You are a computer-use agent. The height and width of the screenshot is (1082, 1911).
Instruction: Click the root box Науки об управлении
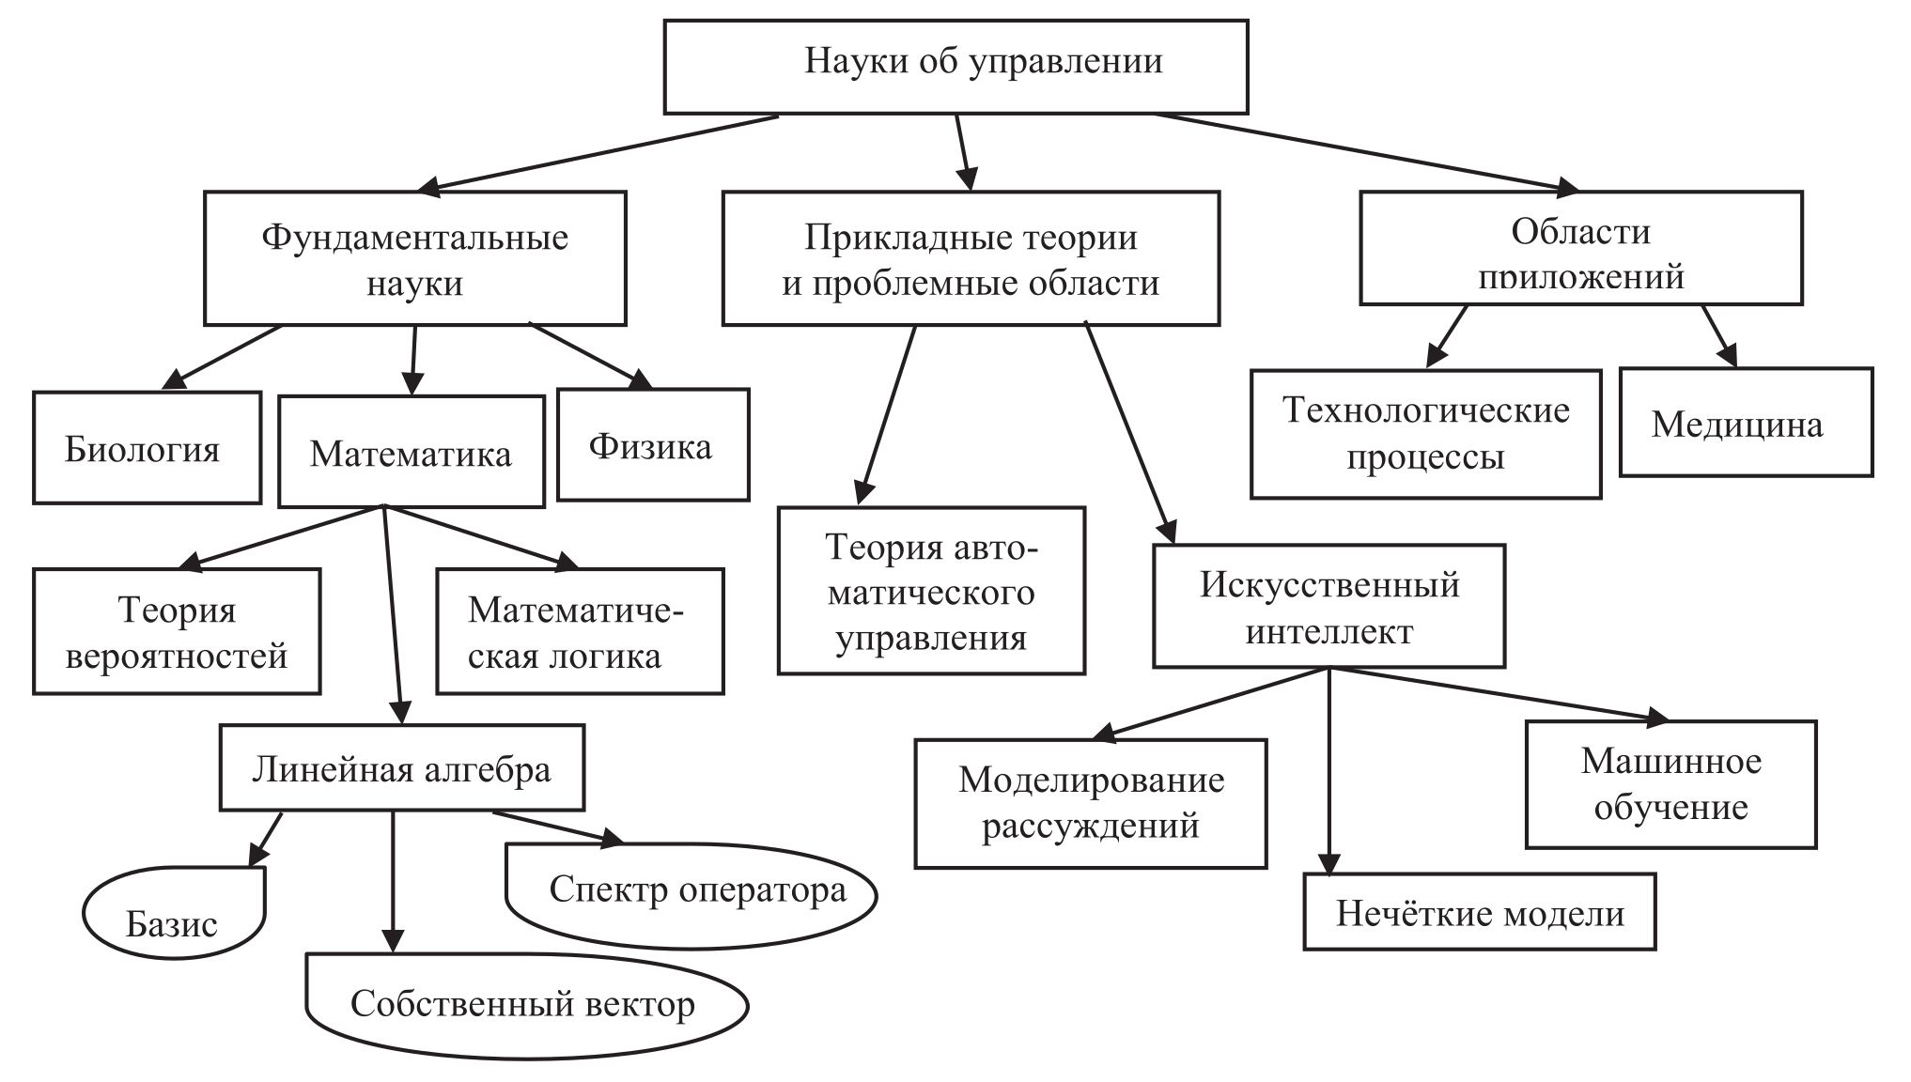point(955,66)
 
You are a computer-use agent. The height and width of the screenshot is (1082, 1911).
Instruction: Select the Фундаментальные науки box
point(414,258)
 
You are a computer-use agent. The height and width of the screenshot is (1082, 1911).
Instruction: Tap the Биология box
point(147,448)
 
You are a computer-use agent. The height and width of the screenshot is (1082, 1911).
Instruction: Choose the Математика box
point(411,452)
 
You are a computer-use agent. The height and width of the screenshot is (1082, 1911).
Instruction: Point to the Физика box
point(653,444)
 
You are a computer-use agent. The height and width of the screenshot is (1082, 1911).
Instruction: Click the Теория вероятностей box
point(177,631)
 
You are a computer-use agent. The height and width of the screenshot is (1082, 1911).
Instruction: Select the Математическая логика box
point(580,631)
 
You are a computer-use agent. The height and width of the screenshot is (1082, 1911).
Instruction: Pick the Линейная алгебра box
point(401,767)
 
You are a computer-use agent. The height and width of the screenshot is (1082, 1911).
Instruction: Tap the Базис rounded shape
point(174,913)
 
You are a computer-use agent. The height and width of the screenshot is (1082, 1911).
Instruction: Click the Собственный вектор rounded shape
point(526,1005)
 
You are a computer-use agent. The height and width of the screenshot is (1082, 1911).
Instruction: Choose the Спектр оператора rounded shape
point(691,893)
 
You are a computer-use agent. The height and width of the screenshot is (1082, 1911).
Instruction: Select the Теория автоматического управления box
point(931,591)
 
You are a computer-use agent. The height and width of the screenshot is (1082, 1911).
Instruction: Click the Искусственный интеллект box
point(1328,607)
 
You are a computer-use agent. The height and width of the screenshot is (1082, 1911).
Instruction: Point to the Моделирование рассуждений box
point(1090,803)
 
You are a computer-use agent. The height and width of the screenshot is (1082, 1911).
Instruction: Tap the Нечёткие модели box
point(1479,912)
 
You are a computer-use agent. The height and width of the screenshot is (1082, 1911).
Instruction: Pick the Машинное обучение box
point(1670,784)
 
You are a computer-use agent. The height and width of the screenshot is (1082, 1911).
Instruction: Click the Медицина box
point(1746,422)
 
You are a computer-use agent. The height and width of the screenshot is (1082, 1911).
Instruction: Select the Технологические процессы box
point(1425,433)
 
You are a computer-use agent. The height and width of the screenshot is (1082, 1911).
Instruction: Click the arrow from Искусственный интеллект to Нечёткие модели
point(1328,770)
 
